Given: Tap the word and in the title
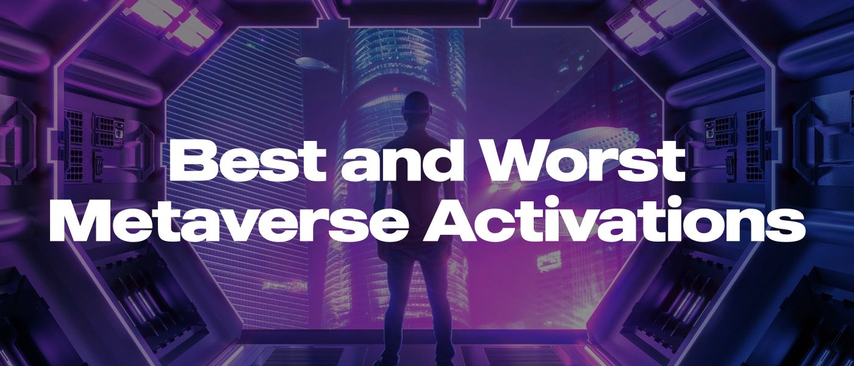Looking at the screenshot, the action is (x=404, y=162).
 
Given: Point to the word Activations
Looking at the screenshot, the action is (x=614, y=220).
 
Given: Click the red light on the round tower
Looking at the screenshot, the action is (x=395, y=88).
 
